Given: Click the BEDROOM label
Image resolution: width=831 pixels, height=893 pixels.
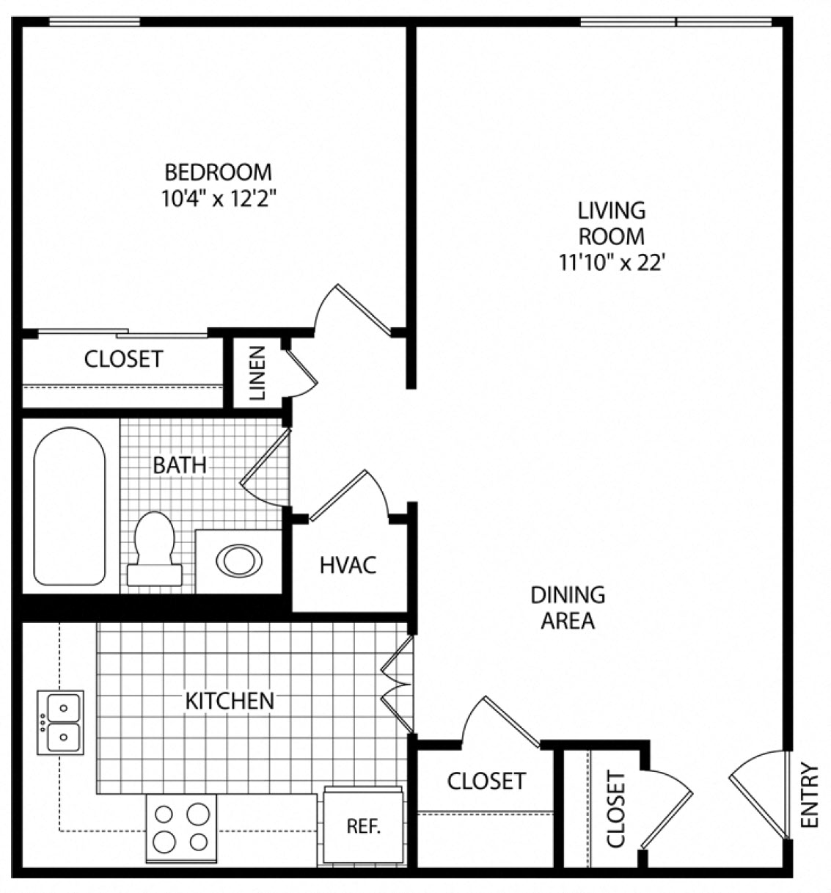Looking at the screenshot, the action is [x=218, y=172].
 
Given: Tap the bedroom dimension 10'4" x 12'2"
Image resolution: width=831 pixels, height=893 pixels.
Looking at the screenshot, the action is [x=218, y=198].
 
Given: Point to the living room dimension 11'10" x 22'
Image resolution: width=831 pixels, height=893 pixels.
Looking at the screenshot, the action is [x=612, y=262].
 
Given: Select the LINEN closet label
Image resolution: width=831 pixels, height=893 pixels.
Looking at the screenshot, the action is [x=258, y=373].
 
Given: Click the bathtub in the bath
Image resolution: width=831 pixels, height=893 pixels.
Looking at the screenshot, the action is [x=70, y=506].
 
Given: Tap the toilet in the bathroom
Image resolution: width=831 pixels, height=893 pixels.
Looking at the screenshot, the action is [x=154, y=549].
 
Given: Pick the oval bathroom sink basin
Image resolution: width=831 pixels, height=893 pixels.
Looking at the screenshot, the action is [x=239, y=561].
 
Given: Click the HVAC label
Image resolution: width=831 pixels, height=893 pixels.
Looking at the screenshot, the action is [x=348, y=565].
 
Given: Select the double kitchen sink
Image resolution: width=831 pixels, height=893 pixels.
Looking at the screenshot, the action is [x=60, y=723].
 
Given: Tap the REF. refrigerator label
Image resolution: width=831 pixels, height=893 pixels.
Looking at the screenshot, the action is [x=364, y=825].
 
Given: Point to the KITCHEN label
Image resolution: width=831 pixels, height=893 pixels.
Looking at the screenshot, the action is [x=230, y=701].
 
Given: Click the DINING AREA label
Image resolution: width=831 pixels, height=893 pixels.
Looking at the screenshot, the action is [x=568, y=608].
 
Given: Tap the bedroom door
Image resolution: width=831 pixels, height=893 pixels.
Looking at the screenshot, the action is [x=354, y=310].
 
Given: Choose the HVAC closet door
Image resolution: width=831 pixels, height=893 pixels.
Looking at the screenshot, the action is [x=349, y=496].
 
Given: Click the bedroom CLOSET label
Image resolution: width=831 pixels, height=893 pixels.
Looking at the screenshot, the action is [x=124, y=359].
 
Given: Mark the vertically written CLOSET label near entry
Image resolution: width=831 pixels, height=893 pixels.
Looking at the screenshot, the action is [x=616, y=809].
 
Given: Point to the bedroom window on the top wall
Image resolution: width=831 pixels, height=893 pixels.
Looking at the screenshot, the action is [x=95, y=21].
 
